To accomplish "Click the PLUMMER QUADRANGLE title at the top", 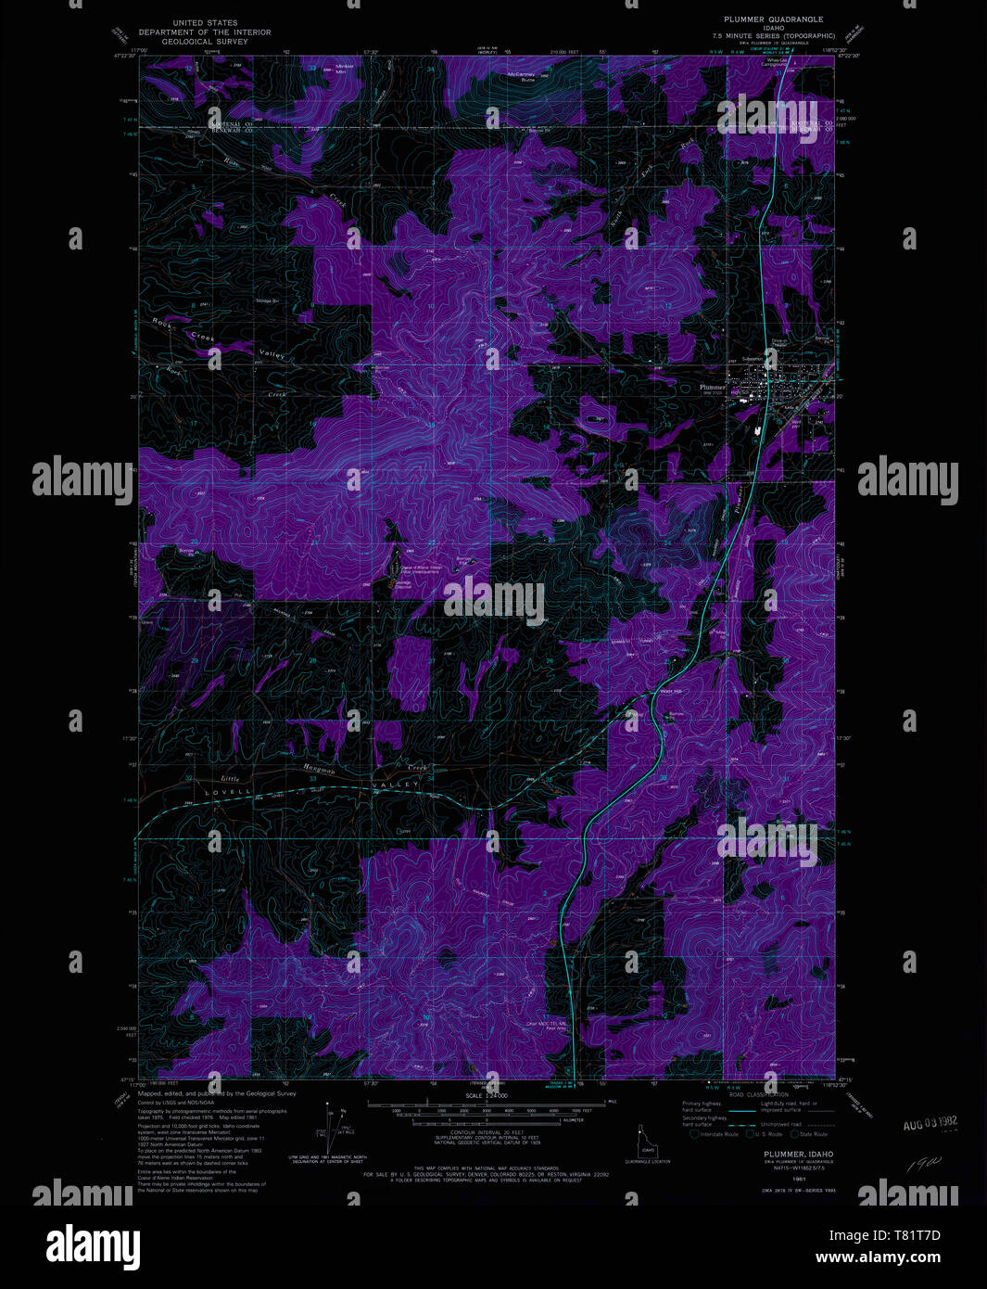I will [773, 19].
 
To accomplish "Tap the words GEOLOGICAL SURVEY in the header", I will [205, 42].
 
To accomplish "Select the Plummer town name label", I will [712, 387].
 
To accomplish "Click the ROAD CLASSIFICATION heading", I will [758, 1095].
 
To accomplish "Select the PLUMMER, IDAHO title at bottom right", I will [778, 1154].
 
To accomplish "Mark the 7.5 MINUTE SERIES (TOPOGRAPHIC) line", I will [773, 35].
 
